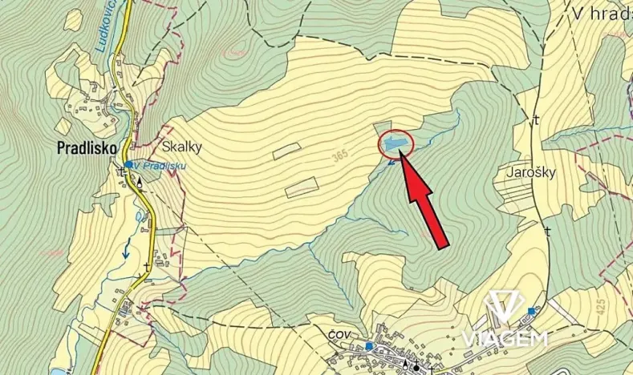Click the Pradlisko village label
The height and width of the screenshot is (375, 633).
(87, 147)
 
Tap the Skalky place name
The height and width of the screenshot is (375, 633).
(182, 147)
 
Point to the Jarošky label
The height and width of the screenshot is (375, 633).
(532, 171)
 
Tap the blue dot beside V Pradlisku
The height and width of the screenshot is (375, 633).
(128, 164)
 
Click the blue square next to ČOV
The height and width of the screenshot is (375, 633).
(369, 346)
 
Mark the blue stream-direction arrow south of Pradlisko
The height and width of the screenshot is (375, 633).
(126, 251)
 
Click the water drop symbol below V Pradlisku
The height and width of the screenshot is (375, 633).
(141, 181)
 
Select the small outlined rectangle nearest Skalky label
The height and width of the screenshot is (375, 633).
(286, 149)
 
